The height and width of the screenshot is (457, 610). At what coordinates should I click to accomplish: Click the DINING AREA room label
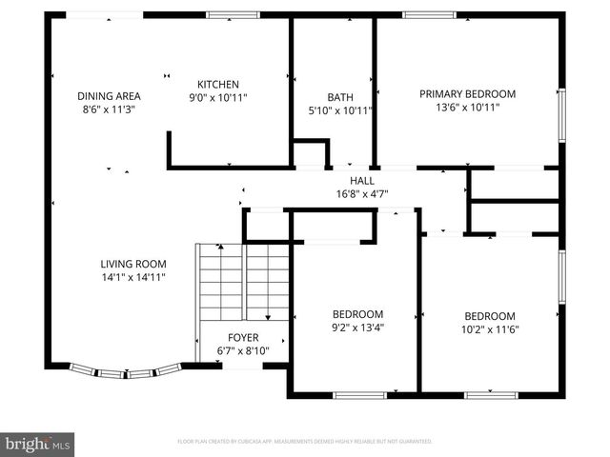(109, 95)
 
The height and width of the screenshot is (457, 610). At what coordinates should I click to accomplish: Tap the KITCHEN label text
(217, 85)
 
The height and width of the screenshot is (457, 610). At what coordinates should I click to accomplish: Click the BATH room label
(340, 97)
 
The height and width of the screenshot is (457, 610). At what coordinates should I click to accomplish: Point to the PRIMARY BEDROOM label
(467, 94)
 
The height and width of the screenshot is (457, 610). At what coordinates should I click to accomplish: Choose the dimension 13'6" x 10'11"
(467, 108)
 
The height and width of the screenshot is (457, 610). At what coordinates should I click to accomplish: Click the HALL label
(362, 180)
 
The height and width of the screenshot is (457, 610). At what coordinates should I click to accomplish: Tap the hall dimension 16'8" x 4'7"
(362, 193)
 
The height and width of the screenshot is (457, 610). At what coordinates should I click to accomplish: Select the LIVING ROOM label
(133, 264)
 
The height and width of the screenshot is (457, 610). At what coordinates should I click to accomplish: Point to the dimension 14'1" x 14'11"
(133, 277)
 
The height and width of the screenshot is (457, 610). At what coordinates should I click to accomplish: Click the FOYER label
(242, 338)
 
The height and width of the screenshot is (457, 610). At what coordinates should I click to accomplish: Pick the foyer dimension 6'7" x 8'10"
(242, 351)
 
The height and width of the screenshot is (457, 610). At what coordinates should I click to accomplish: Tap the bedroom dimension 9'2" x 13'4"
(357, 328)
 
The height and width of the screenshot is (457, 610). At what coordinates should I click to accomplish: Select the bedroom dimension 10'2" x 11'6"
(490, 330)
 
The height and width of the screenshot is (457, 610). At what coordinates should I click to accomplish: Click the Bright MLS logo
(38, 444)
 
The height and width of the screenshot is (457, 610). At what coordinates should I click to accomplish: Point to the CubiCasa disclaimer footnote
(305, 442)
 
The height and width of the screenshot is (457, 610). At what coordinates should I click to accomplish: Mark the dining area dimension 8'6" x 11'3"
(109, 109)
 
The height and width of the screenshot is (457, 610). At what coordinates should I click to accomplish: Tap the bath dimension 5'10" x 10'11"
(340, 110)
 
